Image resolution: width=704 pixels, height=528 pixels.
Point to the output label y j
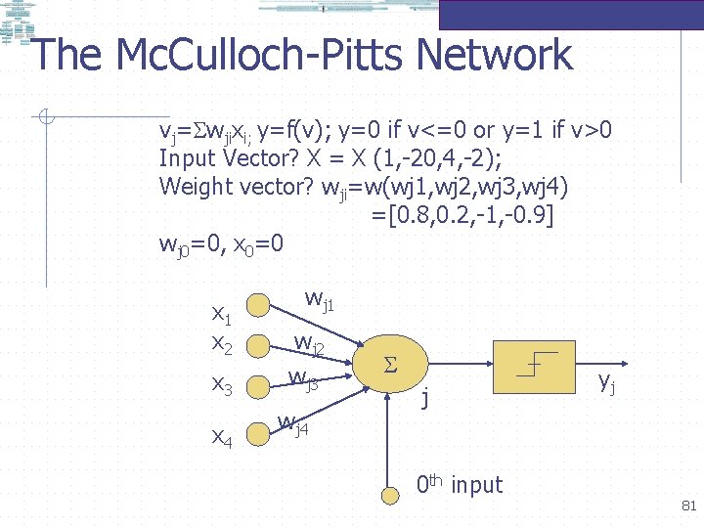[608, 382]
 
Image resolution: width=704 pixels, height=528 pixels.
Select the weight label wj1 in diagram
[320, 299]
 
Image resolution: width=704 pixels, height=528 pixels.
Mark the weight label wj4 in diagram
[293, 424]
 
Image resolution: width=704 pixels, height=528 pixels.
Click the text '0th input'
[459, 484]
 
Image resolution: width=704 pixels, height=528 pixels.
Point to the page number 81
[687, 506]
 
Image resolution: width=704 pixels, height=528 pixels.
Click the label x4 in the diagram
[222, 439]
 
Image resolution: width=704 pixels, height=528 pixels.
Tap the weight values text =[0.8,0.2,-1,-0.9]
[462, 214]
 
